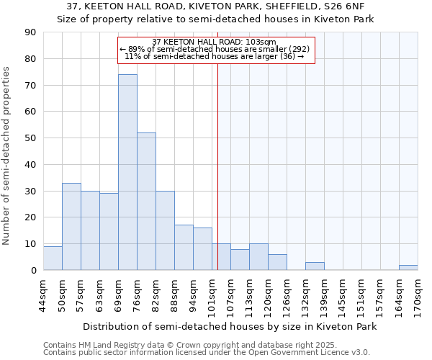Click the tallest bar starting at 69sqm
(127, 173)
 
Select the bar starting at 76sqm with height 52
(146, 202)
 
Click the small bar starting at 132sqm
(315, 266)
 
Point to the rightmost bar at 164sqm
(408, 268)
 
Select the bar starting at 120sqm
(277, 263)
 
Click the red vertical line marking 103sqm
(217, 166)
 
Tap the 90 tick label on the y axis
(31, 32)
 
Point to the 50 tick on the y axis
(31, 138)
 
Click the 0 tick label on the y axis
(34, 271)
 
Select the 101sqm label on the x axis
(212, 294)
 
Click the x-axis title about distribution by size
(229, 326)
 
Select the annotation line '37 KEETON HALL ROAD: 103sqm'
(215, 42)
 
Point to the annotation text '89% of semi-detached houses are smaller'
(215, 49)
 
